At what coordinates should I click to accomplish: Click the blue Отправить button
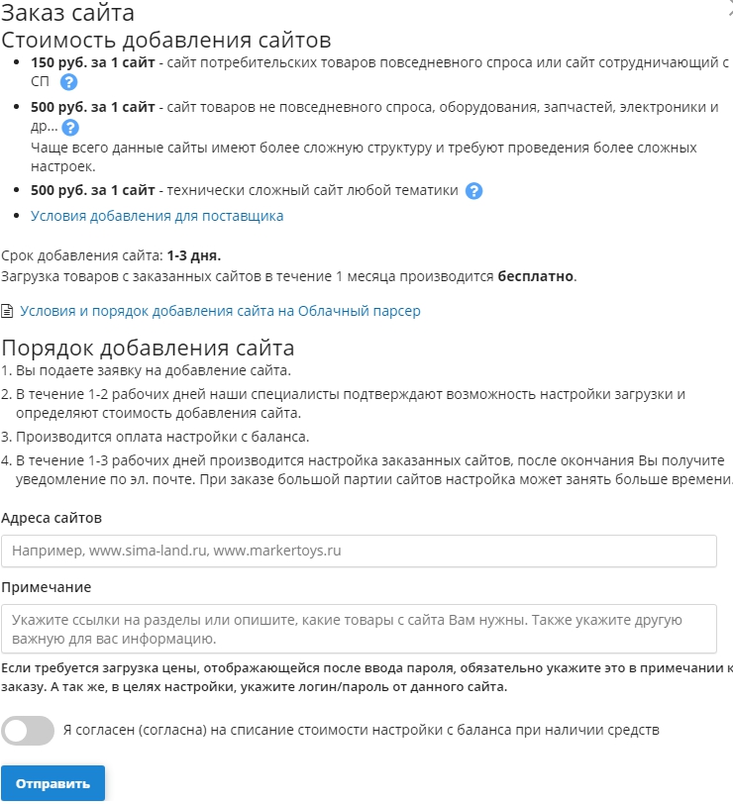click(x=52, y=783)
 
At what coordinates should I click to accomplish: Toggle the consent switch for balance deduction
click(x=28, y=731)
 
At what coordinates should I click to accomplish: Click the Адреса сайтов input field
click(x=359, y=551)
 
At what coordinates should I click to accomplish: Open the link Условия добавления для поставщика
click(x=157, y=216)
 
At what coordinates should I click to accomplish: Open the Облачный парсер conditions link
click(x=220, y=311)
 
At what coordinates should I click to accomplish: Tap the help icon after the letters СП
click(x=68, y=82)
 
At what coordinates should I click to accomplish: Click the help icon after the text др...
click(x=70, y=128)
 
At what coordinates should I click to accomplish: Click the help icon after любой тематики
click(x=474, y=191)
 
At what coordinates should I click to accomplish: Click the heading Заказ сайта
click(x=68, y=14)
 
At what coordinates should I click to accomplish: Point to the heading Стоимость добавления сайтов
click(x=166, y=41)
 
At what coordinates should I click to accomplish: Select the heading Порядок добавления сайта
click(x=149, y=348)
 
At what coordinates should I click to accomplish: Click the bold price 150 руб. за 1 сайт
click(x=93, y=62)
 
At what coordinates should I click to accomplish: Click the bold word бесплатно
click(x=536, y=275)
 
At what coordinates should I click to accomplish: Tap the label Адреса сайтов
click(x=52, y=518)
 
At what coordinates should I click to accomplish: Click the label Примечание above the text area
click(x=47, y=587)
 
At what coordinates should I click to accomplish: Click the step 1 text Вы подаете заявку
click(x=154, y=371)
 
